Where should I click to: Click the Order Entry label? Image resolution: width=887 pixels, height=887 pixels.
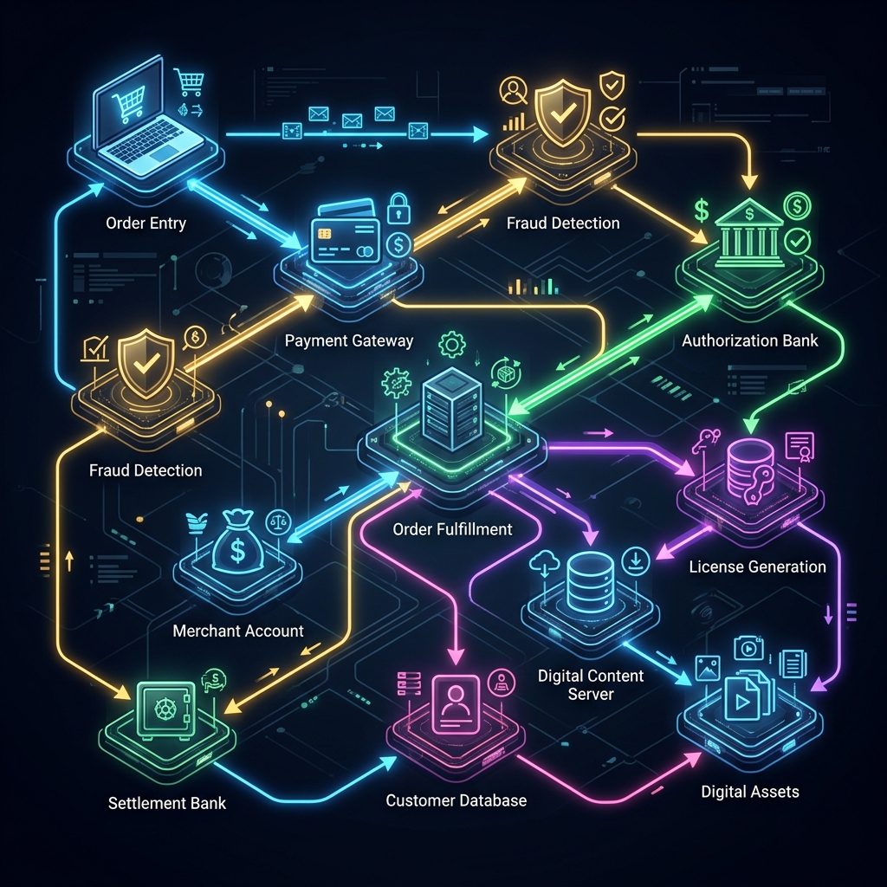[x=146, y=223]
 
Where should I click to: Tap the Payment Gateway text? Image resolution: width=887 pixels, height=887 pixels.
[x=349, y=341]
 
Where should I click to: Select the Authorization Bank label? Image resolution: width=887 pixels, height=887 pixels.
[x=750, y=340]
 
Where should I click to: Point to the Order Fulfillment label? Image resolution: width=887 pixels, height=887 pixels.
[x=452, y=529]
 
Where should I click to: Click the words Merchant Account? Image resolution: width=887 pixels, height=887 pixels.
[x=238, y=631]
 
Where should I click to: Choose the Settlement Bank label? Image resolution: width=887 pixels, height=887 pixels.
[x=167, y=803]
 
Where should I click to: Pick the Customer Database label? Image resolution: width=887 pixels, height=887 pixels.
[x=456, y=800]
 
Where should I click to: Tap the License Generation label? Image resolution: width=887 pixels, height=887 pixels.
[x=757, y=567]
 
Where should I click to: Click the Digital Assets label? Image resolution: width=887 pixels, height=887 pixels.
[x=750, y=792]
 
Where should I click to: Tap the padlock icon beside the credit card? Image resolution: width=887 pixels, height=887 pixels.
[x=398, y=209]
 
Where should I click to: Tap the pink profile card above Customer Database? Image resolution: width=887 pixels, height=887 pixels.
[x=455, y=704]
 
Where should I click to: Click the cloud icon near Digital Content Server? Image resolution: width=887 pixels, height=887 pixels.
[x=545, y=563]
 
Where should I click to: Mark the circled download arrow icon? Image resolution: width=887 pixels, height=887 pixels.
[x=635, y=560]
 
